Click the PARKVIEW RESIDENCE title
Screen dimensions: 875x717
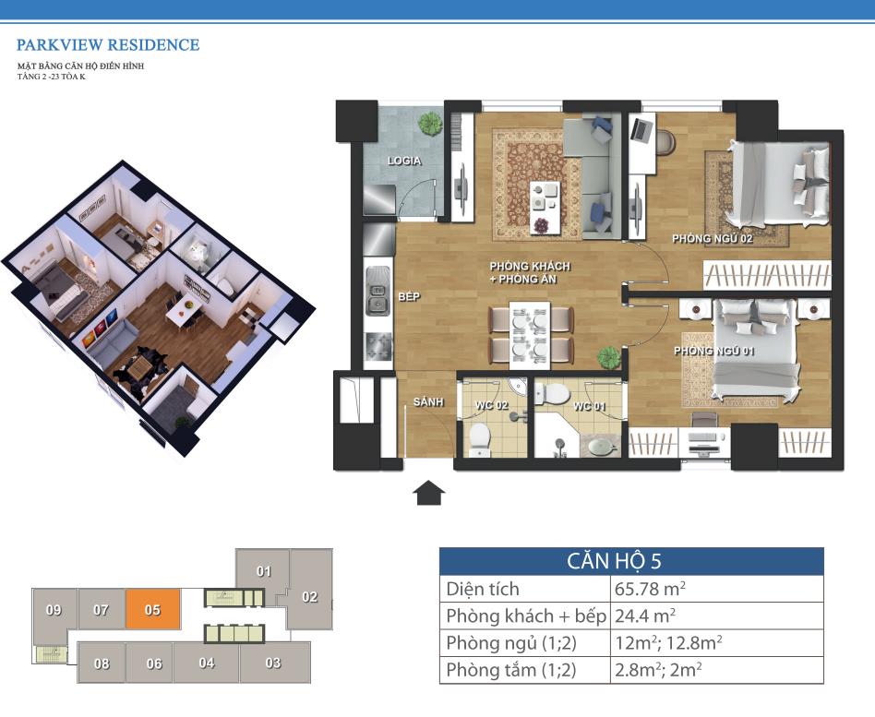[x=108, y=44]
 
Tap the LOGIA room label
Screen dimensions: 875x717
[x=404, y=161]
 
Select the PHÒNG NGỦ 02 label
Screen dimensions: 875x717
[x=712, y=239]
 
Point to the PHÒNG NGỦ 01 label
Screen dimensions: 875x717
[x=713, y=351]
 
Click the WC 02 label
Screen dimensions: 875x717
[x=491, y=404]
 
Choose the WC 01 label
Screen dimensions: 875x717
[x=589, y=406]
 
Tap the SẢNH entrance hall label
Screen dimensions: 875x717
[x=428, y=401]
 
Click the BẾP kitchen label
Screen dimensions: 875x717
[x=409, y=297]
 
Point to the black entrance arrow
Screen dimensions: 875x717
[x=428, y=493]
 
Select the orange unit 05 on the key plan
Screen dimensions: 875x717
[x=153, y=609]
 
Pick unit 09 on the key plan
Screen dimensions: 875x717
[x=54, y=611]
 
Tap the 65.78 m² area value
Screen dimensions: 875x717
[x=650, y=589]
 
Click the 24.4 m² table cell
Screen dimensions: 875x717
[x=645, y=615]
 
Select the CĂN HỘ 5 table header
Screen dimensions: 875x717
[x=614, y=561]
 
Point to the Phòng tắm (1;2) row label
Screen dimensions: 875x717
[x=511, y=670]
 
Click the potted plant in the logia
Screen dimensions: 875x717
[x=430, y=123]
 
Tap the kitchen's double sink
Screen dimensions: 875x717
[x=378, y=297]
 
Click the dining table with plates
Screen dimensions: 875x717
[x=530, y=335]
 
